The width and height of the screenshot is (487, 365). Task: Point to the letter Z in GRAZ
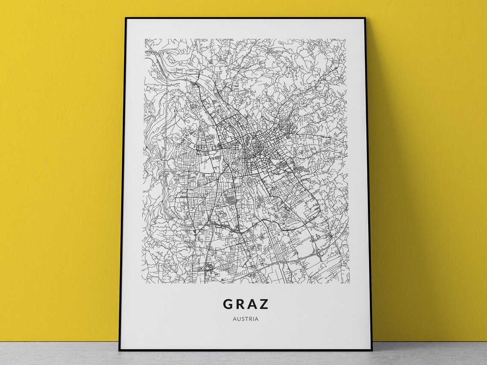pyautogui.click(x=264, y=304)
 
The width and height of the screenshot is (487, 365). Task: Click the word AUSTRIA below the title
pyautogui.click(x=246, y=318)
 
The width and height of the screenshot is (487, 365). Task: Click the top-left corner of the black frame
pyautogui.click(x=125, y=18)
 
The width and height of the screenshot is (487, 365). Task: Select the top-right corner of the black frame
pyautogui.click(x=365, y=18)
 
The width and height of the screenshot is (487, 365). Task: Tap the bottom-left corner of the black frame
pyautogui.click(x=119, y=350)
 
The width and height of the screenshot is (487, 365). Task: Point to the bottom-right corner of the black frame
pyautogui.click(x=372, y=350)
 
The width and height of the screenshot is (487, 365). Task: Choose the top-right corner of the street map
pyautogui.click(x=347, y=39)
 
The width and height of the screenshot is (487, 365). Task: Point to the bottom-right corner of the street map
pyautogui.click(x=349, y=283)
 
